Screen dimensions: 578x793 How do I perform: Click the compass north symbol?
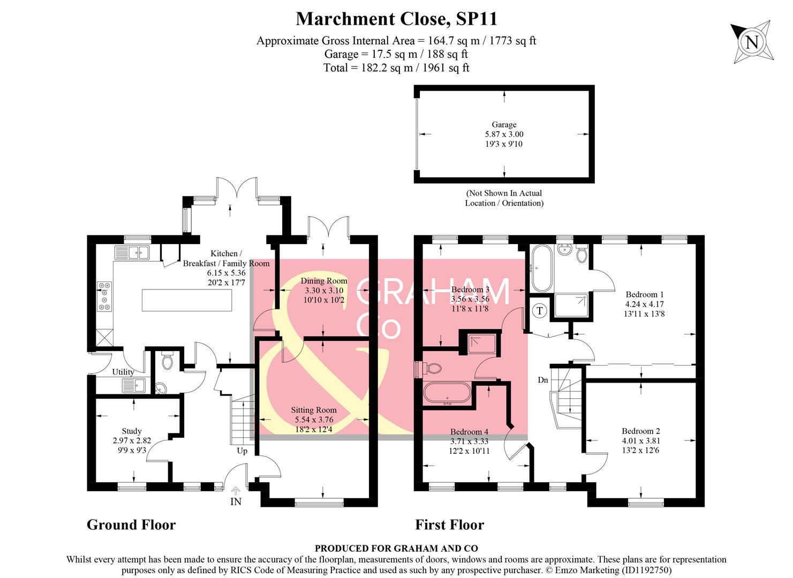click(752, 42)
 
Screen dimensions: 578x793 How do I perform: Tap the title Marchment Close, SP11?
click(396, 19)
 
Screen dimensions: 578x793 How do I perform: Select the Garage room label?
click(504, 125)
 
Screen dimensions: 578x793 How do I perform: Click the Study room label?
click(132, 431)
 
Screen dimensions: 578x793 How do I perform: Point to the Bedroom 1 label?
click(645, 294)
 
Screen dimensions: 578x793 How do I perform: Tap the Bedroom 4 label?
click(469, 432)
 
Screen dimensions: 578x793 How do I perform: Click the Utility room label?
click(123, 372)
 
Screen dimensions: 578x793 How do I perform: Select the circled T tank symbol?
click(540, 311)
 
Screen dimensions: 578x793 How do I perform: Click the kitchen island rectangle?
click(187, 300)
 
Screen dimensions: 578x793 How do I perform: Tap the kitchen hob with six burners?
click(104, 296)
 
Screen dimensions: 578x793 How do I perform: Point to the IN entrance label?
click(236, 501)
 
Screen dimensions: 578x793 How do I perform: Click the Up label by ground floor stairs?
click(242, 451)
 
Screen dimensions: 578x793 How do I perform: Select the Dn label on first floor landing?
click(543, 380)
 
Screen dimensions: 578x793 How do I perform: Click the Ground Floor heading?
click(131, 525)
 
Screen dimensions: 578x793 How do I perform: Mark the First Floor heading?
click(449, 525)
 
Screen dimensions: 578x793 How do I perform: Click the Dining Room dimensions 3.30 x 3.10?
click(323, 291)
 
